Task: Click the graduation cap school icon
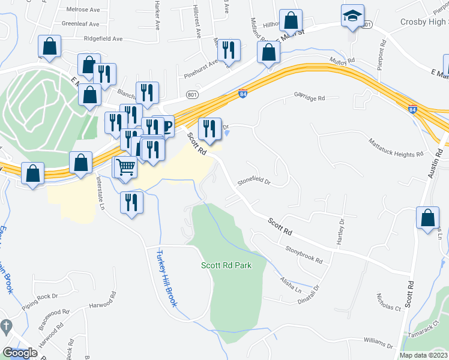pyautogui.click(x=352, y=17)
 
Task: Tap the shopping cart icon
pyautogui.click(x=125, y=167)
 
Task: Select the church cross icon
pyautogui.click(x=6, y=328)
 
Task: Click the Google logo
pyautogui.click(x=20, y=353)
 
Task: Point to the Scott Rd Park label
pyautogui.click(x=226, y=265)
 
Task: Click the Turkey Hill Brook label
pyautogui.click(x=166, y=278)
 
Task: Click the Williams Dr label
pyautogui.click(x=378, y=343)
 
